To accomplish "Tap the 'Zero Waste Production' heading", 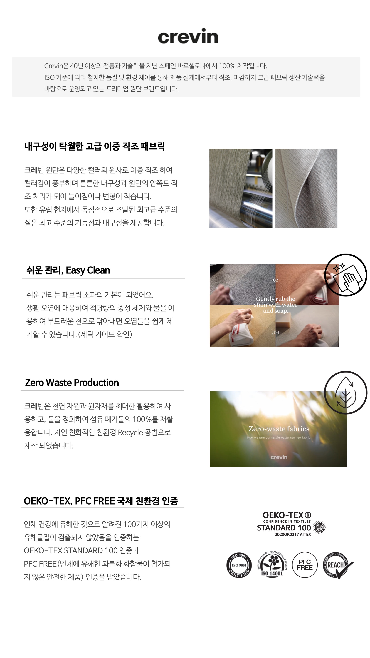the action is [72, 382].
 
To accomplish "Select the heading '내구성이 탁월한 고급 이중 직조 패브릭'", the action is [94, 146].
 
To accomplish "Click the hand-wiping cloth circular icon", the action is [346, 275].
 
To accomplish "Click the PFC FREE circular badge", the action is [305, 565].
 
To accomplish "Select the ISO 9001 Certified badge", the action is [239, 565].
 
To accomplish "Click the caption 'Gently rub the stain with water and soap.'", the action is [276, 305].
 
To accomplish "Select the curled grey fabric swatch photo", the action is [306, 188].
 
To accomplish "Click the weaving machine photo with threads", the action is [241, 188].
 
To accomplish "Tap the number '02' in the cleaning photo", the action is [275, 280].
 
